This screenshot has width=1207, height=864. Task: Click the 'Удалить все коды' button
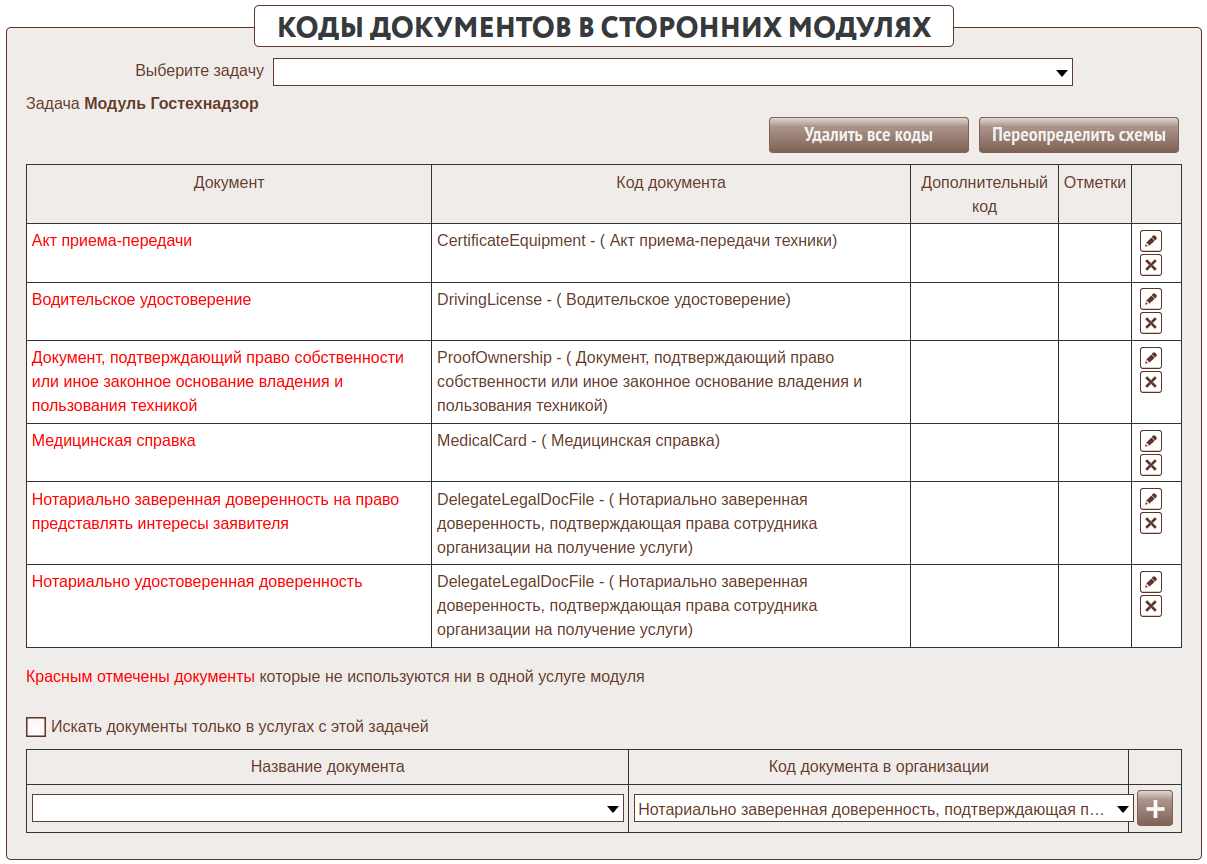point(868,135)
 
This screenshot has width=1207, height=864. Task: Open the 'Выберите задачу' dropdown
point(672,72)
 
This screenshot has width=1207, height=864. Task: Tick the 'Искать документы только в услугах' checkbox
point(36,727)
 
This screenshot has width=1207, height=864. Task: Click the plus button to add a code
point(1154,808)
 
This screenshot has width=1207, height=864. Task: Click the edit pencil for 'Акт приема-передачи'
point(1151,241)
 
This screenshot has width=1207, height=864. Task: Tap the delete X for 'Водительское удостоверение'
point(1151,323)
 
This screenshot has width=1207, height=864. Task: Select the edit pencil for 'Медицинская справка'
point(1151,441)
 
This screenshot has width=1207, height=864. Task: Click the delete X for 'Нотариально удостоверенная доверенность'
point(1151,606)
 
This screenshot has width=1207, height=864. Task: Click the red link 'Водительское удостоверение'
point(141,300)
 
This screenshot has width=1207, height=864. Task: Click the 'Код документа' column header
point(670,183)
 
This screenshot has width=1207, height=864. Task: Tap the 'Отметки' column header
point(1094,183)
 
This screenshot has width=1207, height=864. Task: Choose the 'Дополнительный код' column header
point(984,194)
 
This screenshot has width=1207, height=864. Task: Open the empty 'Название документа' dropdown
point(327,808)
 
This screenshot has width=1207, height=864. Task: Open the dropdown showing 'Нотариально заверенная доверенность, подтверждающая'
point(883,808)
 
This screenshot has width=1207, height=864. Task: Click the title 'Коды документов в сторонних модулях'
point(603,27)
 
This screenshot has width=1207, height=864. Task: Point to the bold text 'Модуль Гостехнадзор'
point(171,104)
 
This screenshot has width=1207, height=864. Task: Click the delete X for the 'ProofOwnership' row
point(1151,382)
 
